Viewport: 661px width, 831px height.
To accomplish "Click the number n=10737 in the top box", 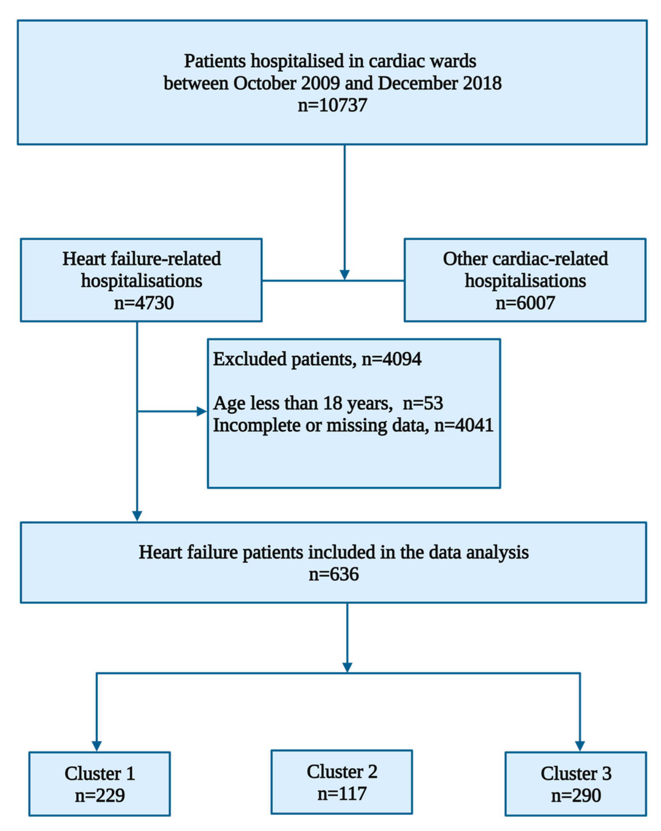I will click(x=332, y=105).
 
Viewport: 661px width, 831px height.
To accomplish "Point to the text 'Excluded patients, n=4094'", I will click(x=317, y=359).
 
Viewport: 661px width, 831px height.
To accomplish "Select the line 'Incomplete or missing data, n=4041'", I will click(x=353, y=425).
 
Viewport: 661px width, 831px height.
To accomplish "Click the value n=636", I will click(x=333, y=574).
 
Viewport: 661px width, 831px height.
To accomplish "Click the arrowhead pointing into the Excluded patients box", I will click(x=201, y=411).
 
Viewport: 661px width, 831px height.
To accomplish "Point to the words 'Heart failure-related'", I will click(x=141, y=259).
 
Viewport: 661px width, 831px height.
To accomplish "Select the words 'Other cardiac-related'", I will click(x=525, y=259).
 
